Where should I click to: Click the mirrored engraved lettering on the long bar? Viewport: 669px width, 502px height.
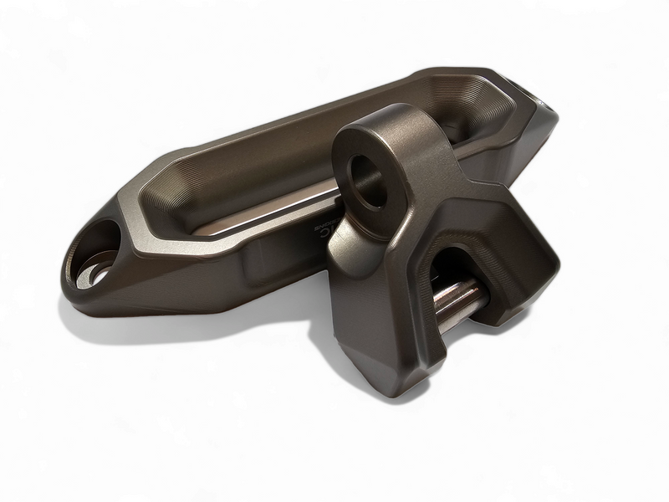324,229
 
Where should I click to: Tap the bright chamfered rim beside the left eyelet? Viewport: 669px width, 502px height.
125,222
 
